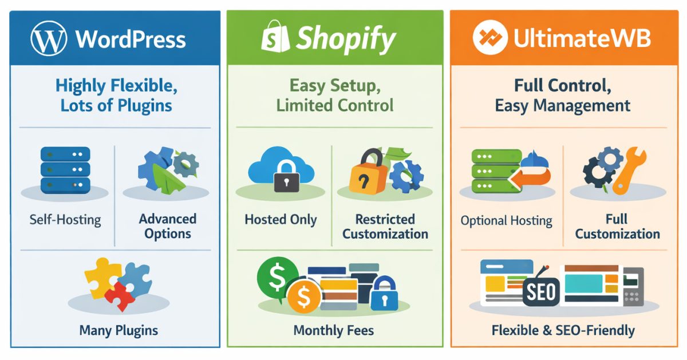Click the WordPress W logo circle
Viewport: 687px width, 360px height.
click(49, 39)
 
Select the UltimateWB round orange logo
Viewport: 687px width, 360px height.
click(489, 39)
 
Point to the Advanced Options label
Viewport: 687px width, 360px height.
click(167, 226)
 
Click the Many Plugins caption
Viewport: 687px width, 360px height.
click(119, 330)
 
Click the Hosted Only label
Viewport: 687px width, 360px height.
click(281, 220)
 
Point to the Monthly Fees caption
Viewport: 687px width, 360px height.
click(334, 330)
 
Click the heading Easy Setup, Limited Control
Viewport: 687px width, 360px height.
click(335, 96)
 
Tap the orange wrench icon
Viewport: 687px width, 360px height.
click(628, 172)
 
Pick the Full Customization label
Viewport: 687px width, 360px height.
click(617, 226)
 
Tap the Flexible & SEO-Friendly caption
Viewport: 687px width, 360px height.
click(563, 330)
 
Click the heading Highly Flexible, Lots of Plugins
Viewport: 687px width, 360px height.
click(116, 96)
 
